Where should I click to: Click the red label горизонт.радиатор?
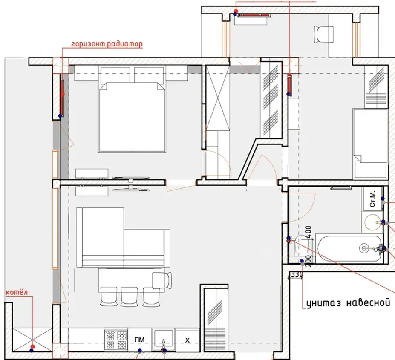click(x=107, y=44)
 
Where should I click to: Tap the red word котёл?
click(x=17, y=293)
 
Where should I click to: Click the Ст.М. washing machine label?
click(x=372, y=199)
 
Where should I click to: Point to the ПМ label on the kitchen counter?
click(x=140, y=340)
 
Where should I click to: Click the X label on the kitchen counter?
click(x=187, y=340)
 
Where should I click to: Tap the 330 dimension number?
click(x=297, y=275)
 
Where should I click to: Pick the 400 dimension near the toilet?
click(x=309, y=232)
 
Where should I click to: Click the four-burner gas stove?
click(x=115, y=340)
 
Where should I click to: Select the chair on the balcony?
click(x=324, y=35)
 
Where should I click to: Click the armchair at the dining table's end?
click(x=162, y=281)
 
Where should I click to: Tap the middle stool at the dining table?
click(x=129, y=297)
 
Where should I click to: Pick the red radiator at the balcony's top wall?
click(x=253, y=15)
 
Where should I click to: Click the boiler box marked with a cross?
click(x=32, y=340)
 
